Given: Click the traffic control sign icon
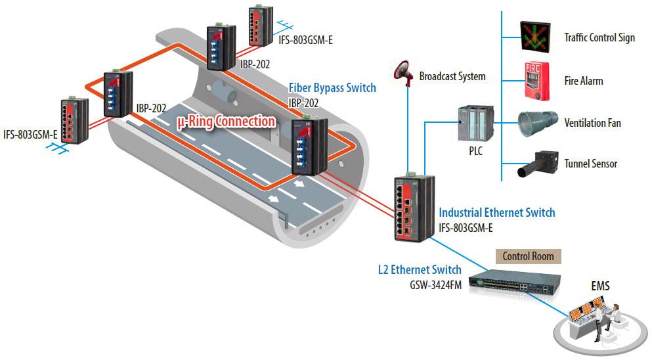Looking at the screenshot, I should point(536,37).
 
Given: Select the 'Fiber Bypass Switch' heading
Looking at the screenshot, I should point(332,88).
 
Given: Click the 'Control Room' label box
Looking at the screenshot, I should point(528,256).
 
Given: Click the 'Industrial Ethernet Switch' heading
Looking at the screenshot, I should point(496,212).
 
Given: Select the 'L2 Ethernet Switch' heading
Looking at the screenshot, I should point(420,269).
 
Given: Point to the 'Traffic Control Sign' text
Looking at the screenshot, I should point(599,37).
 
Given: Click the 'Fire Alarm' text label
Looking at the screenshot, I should point(583,81).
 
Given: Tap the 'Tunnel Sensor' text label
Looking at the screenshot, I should point(591,164).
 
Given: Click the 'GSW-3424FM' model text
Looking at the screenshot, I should point(434,284).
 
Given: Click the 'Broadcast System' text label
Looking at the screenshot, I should point(452,76).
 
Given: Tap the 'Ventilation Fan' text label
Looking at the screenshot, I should point(592,123).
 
